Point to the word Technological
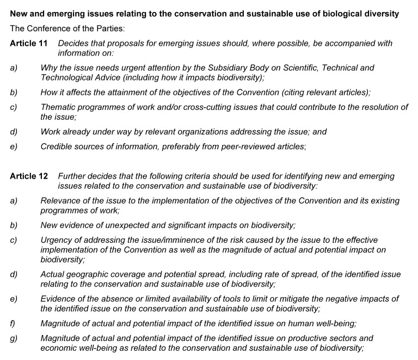(x=66, y=77)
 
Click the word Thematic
(x=58, y=107)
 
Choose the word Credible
(x=57, y=147)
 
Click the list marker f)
(x=13, y=324)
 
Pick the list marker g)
(x=14, y=338)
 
